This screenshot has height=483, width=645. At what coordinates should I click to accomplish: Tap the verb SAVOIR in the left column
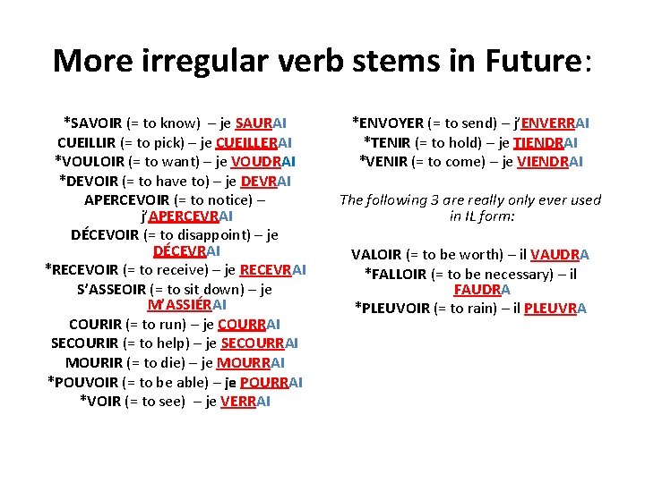[x=98, y=123]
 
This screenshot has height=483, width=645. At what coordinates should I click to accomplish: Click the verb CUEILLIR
[x=89, y=143]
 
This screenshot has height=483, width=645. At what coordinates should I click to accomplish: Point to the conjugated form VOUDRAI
[x=263, y=162]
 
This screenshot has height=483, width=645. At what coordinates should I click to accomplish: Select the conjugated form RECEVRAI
[x=273, y=269]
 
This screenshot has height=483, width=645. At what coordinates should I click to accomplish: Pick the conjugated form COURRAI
[x=248, y=325]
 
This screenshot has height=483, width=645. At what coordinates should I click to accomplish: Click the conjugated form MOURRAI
[x=251, y=362]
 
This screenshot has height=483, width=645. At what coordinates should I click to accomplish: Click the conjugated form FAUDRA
[x=482, y=290]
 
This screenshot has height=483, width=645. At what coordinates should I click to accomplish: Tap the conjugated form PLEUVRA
[x=555, y=309]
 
